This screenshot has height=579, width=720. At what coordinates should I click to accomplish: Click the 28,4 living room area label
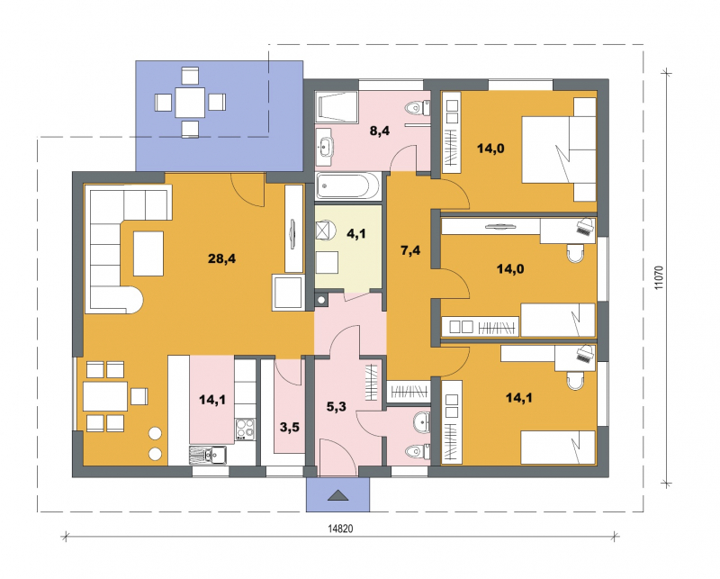coord(221,258)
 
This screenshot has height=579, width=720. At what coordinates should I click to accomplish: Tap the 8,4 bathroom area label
coord(380,131)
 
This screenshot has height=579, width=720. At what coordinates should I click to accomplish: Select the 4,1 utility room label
coord(355,234)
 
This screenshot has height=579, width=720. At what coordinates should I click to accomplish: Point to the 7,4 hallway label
coord(410,250)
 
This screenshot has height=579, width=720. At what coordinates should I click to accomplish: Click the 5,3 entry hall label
coord(336,407)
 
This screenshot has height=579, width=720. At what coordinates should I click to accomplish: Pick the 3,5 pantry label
coord(289,428)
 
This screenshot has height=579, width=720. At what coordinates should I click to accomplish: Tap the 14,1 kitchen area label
coord(212,400)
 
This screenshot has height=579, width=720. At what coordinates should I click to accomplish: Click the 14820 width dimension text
coord(340,529)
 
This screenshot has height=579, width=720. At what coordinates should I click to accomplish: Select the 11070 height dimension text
coord(659,277)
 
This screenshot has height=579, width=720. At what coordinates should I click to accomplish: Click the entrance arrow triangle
coord(338,495)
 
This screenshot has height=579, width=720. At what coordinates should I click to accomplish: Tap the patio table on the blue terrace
coord(190,102)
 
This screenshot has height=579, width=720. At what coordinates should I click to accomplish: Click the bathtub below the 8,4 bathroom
coord(348,186)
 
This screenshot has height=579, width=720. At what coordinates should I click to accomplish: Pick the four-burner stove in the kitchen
coord(246,430)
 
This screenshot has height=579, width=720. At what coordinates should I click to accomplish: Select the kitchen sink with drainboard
coord(208,456)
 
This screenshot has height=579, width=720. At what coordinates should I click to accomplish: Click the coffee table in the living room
coord(148,254)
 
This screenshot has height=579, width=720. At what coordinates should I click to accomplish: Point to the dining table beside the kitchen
coord(105,396)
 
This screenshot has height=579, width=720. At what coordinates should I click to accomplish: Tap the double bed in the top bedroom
coord(559,149)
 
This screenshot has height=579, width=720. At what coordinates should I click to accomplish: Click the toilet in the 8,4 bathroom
coord(418,108)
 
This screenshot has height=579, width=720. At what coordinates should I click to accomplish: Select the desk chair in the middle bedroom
coord(575,253)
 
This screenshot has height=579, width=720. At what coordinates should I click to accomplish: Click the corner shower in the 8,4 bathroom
coord(337,107)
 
